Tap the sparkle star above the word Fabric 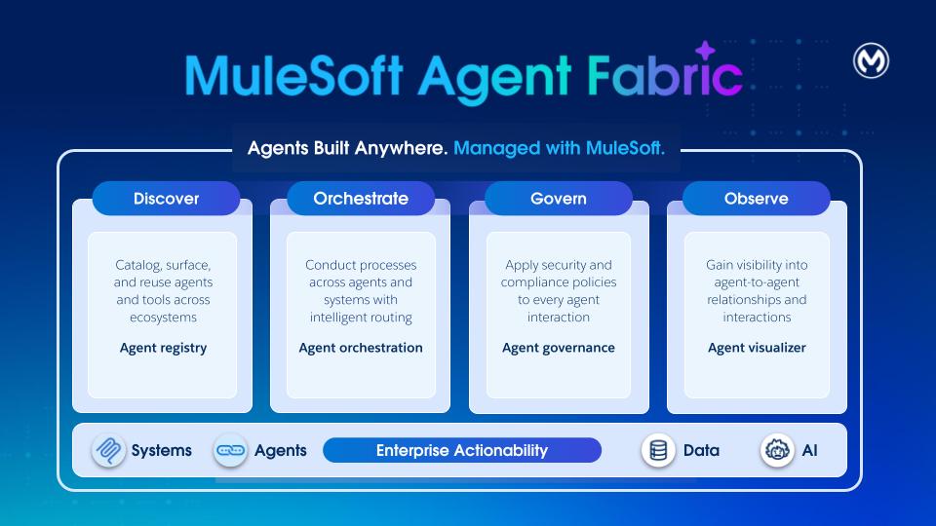pyautogui.click(x=704, y=53)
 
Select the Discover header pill pyautogui.click(x=166, y=199)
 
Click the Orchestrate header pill pyautogui.click(x=361, y=199)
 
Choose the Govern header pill pyautogui.click(x=559, y=199)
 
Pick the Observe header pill pyautogui.click(x=756, y=199)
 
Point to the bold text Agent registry pyautogui.click(x=163, y=348)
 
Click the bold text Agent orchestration pyautogui.click(x=361, y=348)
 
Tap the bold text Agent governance pyautogui.click(x=559, y=348)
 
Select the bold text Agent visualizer pyautogui.click(x=757, y=348)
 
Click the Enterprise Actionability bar pyautogui.click(x=462, y=450)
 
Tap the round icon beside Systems pyautogui.click(x=108, y=451)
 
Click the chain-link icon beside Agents pyautogui.click(x=230, y=451)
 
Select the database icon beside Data pyautogui.click(x=659, y=451)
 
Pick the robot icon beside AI pyautogui.click(x=777, y=451)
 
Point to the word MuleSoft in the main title pyautogui.click(x=293, y=76)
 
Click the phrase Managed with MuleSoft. pyautogui.click(x=560, y=149)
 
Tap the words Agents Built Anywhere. pyautogui.click(x=347, y=149)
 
